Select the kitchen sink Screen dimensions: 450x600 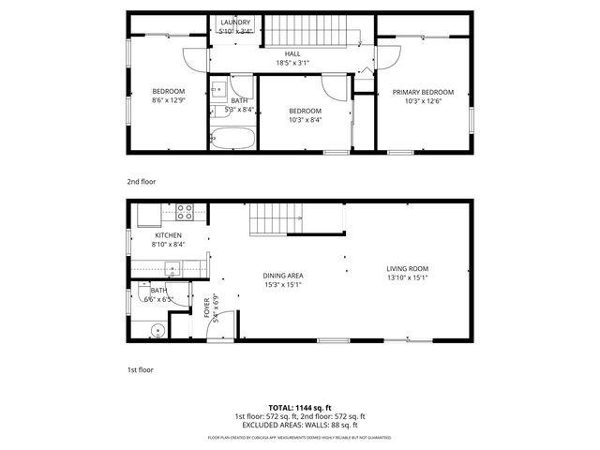pos(172,269)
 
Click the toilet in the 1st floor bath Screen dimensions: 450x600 pos(157,330)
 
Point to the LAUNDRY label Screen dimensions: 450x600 pos(233,22)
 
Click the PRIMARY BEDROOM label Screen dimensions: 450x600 pos(423,92)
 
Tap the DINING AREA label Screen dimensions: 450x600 pos(282,275)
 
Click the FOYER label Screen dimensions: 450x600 pos(206,307)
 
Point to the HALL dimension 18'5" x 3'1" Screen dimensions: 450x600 pos(292,63)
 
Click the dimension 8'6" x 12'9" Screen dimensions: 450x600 pos(169,100)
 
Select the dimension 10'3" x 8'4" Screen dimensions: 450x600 pos(305,119)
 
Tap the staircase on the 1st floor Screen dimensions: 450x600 pos(274,221)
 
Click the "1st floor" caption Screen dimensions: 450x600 pos(140,369)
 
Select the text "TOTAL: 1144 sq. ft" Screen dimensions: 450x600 pos(299,406)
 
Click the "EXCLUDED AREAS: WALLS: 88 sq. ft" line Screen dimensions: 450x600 pos(299,425)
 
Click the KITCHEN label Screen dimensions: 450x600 pos(168,234)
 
